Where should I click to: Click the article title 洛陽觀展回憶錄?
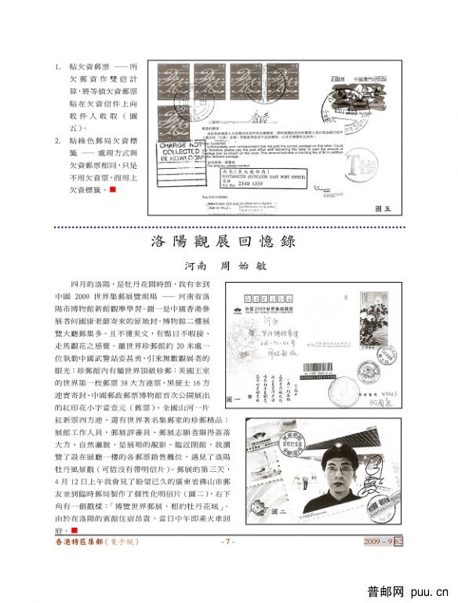pos(228,241)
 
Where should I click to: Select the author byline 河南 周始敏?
pos(228,265)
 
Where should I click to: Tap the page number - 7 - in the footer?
pos(227,563)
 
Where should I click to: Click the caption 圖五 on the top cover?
pos(383,208)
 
